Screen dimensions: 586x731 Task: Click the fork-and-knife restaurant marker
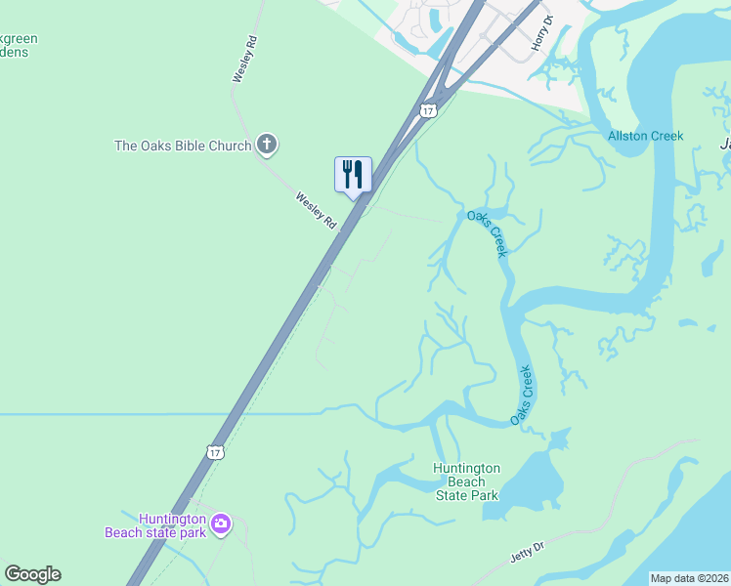[x=353, y=175]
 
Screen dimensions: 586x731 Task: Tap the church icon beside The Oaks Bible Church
[x=266, y=146]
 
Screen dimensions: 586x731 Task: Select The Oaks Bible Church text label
[x=183, y=146]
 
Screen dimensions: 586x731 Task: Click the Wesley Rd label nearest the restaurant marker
[x=316, y=210]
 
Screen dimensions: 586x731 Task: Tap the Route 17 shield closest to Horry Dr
[x=428, y=110]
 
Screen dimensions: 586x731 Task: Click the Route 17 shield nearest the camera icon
[x=216, y=451]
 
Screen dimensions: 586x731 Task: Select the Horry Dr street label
[x=541, y=33]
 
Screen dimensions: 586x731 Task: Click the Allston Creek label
[x=645, y=136]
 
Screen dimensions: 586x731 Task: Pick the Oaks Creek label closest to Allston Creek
[x=487, y=233]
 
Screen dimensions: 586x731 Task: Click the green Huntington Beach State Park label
[x=466, y=481]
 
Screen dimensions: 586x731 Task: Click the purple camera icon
[x=221, y=524]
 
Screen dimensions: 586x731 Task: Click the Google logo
[x=32, y=573]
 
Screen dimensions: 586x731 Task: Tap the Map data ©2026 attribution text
[x=689, y=578]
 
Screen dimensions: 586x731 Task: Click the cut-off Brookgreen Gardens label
[x=19, y=45]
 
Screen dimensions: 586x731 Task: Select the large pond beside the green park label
[x=534, y=483]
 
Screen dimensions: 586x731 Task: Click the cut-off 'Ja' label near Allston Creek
[x=724, y=145]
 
